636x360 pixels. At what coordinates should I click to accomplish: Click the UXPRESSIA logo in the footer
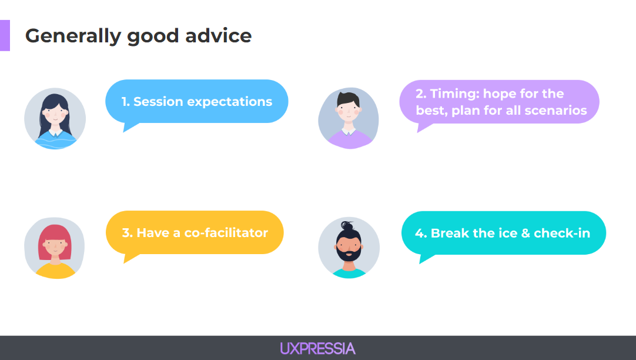pyautogui.click(x=317, y=349)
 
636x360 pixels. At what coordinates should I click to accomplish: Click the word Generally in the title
pyautogui.click(x=73, y=36)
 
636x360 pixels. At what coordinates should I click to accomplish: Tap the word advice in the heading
pyautogui.click(x=219, y=36)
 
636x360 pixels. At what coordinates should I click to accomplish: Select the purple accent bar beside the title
pyautogui.click(x=5, y=35)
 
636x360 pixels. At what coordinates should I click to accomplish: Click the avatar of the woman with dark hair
pyautogui.click(x=55, y=118)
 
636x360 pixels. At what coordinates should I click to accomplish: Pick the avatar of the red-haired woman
pyautogui.click(x=55, y=248)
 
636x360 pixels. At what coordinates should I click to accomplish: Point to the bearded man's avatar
pyautogui.click(x=349, y=248)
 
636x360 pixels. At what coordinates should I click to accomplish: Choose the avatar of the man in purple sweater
pyautogui.click(x=349, y=118)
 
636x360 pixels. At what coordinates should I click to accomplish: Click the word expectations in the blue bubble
pyautogui.click(x=229, y=102)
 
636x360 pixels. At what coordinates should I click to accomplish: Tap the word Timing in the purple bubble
pyautogui.click(x=455, y=94)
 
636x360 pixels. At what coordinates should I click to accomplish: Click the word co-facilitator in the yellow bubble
pyautogui.click(x=226, y=232)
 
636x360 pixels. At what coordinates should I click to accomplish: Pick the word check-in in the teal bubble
pyautogui.click(x=562, y=234)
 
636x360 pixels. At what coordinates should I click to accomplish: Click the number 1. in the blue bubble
pyautogui.click(x=125, y=101)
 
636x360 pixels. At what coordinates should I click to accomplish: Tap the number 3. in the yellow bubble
pyautogui.click(x=128, y=233)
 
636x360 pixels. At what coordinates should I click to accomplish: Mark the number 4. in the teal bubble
pyautogui.click(x=421, y=234)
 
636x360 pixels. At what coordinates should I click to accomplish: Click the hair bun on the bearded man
pyautogui.click(x=347, y=225)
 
